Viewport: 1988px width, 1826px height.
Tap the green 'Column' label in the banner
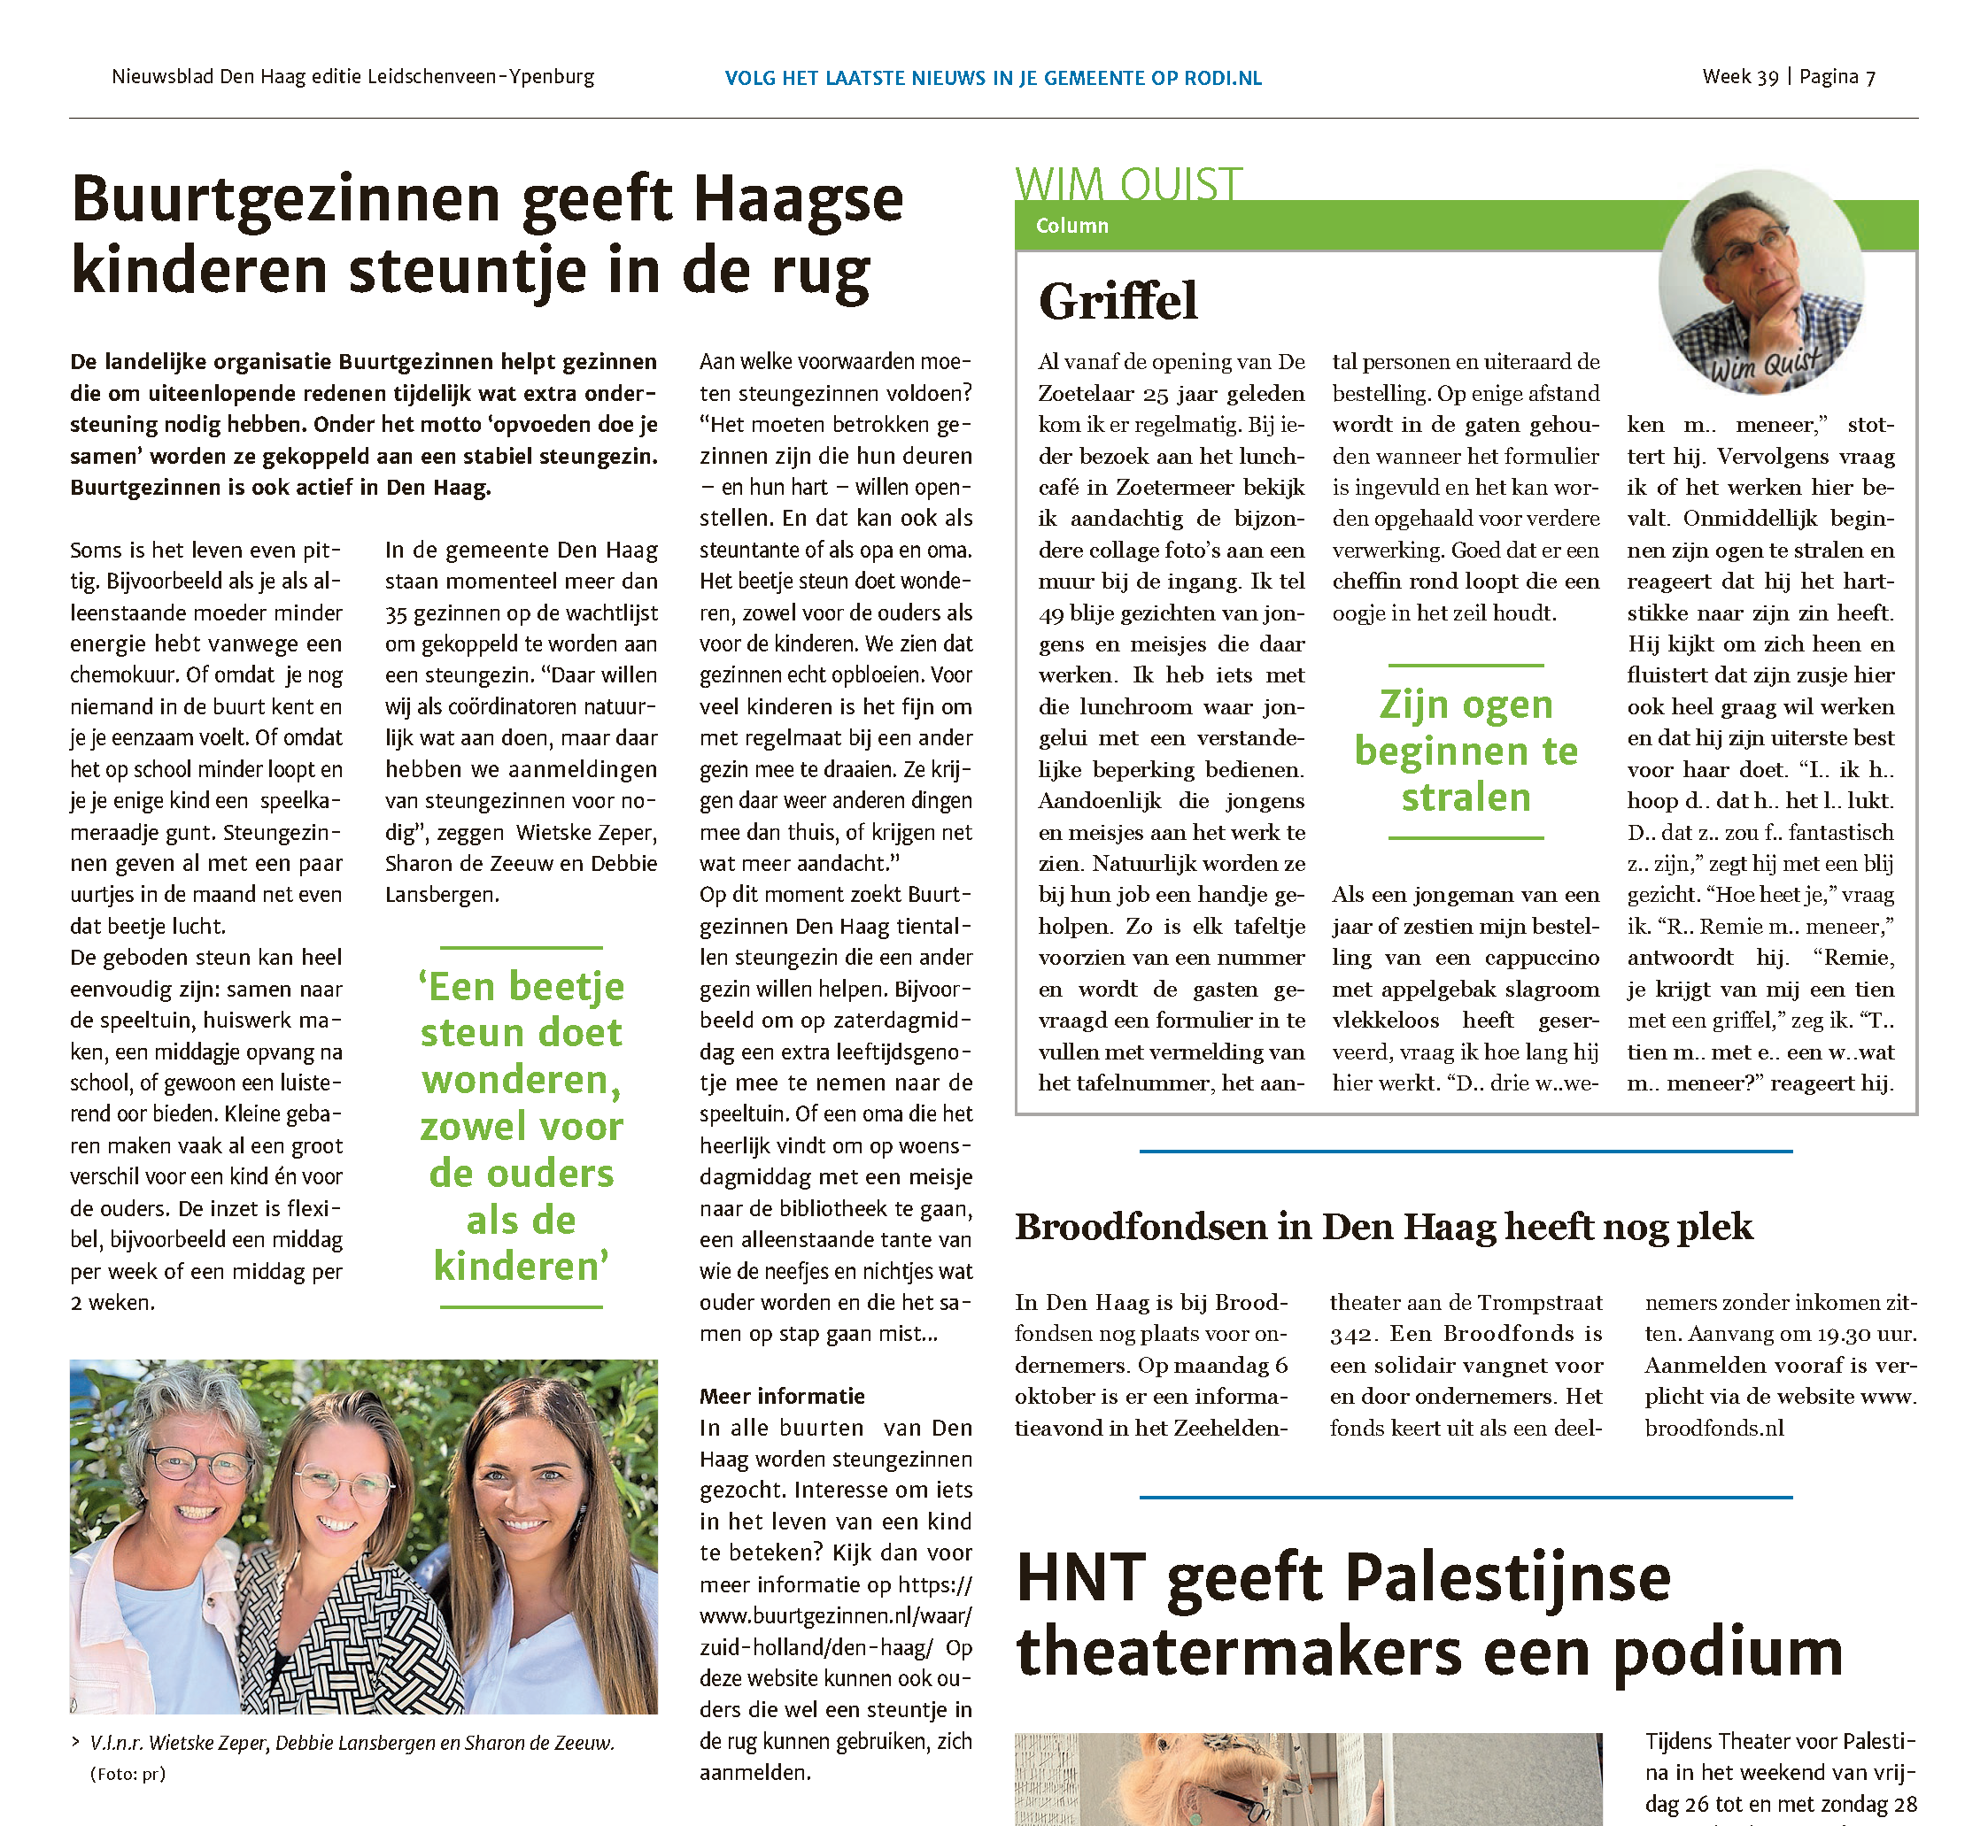tap(1071, 227)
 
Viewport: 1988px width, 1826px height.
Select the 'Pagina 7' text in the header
tap(1837, 77)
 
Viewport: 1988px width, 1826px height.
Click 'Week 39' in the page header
tap(1740, 77)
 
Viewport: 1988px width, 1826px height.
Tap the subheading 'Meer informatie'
tap(782, 1396)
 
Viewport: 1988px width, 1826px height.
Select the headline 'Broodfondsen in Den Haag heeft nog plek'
tap(1383, 1227)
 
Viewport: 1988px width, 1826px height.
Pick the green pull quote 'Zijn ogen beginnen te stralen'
tap(1466, 751)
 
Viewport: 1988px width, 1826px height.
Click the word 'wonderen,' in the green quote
tap(521, 1080)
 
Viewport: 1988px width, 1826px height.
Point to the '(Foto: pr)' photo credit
tap(128, 1774)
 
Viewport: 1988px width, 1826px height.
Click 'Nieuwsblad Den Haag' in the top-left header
tap(209, 77)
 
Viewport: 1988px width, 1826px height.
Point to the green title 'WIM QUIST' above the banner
tap(1128, 184)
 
